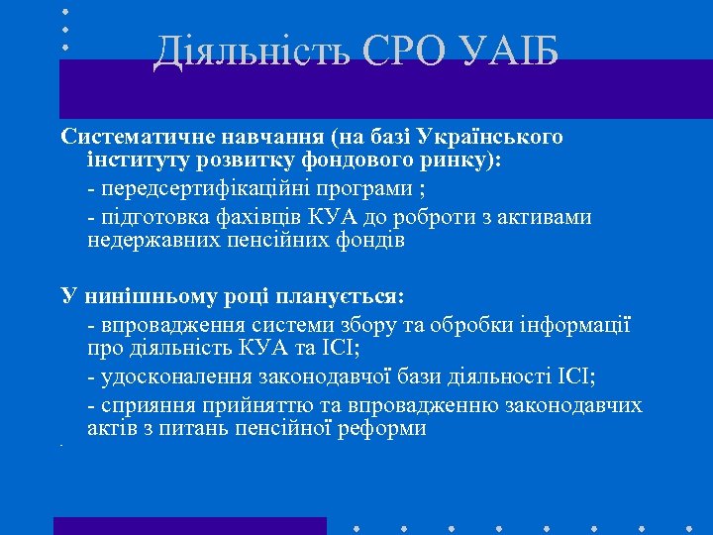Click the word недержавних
pos(147,241)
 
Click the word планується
pos(342,298)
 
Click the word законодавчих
pos(574,405)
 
